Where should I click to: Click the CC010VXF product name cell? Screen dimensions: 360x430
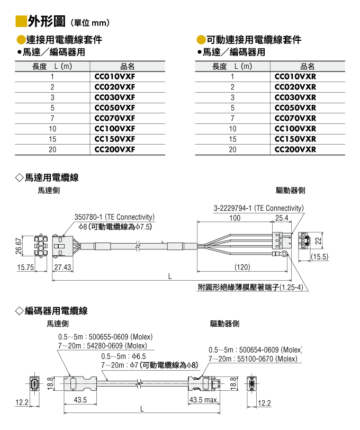coord(114,76)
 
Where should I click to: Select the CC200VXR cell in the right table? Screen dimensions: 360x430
coord(295,149)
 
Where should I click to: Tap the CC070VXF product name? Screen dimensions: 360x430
coord(114,118)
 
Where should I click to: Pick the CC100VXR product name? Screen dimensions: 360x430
coord(295,129)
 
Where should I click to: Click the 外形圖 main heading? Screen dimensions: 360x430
coord(47,21)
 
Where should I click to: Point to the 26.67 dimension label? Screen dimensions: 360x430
coord(19,246)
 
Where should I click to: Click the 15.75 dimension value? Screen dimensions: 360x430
coord(25,267)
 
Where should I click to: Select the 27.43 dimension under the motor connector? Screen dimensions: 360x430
coord(62,267)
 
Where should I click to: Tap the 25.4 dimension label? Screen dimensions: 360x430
coord(282,218)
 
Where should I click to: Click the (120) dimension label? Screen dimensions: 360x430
coord(242,267)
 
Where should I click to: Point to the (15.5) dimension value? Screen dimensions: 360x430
coord(319,257)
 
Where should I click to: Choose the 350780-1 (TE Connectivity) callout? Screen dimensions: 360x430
coord(114,217)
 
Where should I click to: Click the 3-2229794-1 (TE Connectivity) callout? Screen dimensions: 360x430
coord(258,208)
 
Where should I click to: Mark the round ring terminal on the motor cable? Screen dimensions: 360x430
coord(285,254)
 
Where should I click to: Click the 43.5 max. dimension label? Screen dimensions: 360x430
coord(203,400)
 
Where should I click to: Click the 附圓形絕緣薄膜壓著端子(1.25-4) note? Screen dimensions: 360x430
coord(250,287)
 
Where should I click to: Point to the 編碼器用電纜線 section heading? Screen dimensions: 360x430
coord(56,311)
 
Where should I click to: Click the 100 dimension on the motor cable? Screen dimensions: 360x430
coord(235,218)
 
